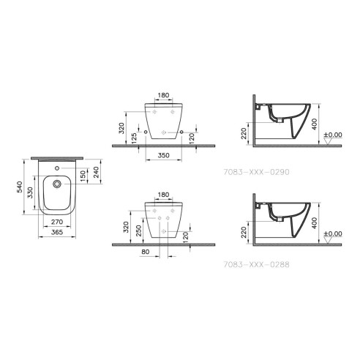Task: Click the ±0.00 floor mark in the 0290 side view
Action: pyautogui.click(x=333, y=134)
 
